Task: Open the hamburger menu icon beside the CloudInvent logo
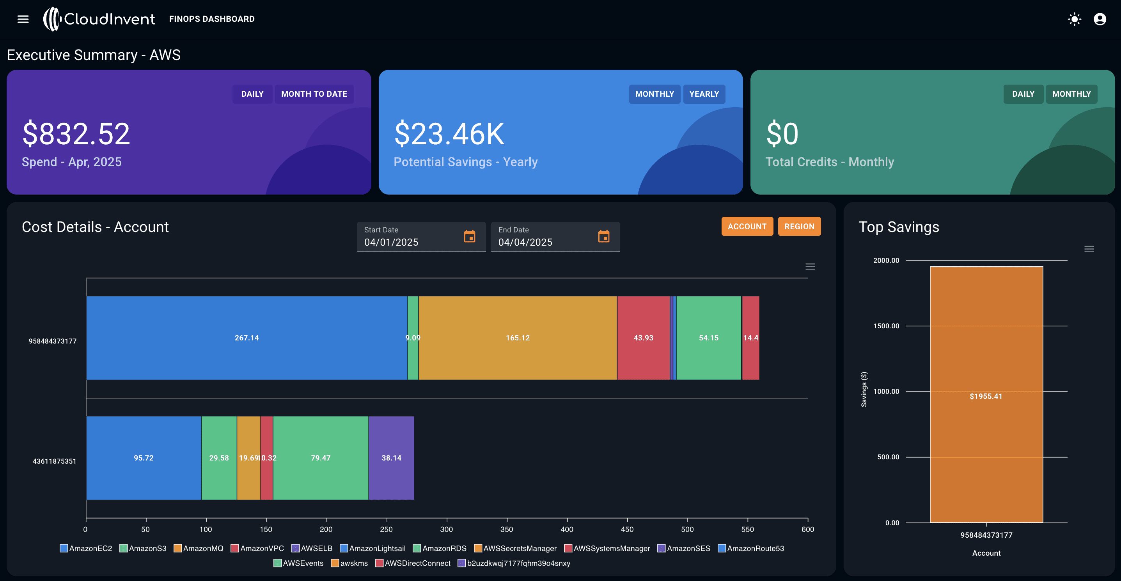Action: pos(23,19)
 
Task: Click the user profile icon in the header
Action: pos(1100,19)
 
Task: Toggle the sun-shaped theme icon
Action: pos(1075,19)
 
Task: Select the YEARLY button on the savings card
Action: pos(704,94)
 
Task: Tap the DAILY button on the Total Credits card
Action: pos(1023,94)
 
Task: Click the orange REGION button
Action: pos(799,227)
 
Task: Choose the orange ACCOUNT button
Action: pos(747,227)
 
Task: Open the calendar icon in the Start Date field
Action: pos(470,237)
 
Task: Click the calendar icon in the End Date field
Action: pos(603,237)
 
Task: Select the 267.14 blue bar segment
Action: pos(247,338)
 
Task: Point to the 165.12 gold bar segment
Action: pos(518,338)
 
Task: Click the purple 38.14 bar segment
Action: pos(391,458)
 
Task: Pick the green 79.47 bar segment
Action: pos(321,458)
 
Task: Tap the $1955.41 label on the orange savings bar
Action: pos(986,396)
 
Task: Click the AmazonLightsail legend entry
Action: pos(372,548)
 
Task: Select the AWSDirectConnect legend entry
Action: pos(413,563)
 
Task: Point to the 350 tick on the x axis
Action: pos(507,529)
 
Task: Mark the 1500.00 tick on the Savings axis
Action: pos(886,326)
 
